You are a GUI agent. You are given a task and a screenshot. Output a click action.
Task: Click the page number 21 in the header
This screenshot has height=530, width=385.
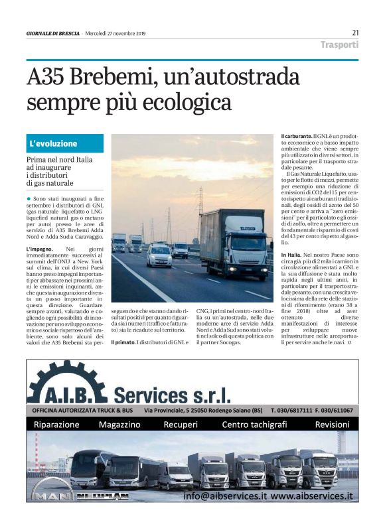tap(355, 33)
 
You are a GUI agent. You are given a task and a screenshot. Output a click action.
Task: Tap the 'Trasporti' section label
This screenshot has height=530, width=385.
tap(339, 45)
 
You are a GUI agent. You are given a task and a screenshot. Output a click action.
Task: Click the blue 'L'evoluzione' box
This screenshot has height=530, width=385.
tap(64, 143)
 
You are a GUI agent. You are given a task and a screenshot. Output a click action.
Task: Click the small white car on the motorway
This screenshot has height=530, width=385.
tap(159, 255)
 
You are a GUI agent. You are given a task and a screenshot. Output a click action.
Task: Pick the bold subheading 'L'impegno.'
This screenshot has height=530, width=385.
tap(41, 249)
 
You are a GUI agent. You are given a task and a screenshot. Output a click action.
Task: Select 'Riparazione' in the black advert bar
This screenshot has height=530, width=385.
tap(56, 425)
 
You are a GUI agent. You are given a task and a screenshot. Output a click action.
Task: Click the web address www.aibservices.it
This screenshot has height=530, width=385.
tap(311, 496)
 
